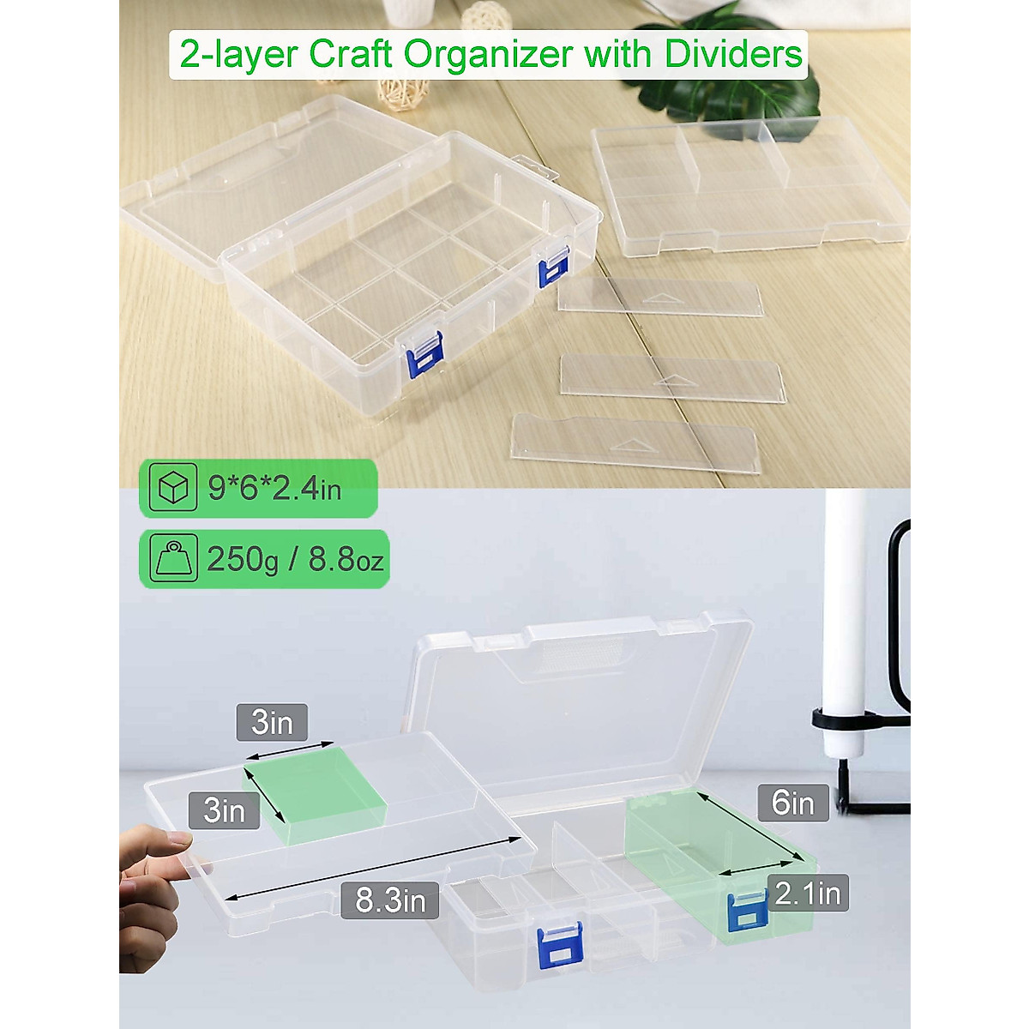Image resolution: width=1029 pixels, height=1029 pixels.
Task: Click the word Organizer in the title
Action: [x=487, y=54]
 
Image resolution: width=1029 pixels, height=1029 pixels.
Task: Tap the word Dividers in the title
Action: [x=733, y=54]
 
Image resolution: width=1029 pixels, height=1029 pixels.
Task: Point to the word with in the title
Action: [x=620, y=54]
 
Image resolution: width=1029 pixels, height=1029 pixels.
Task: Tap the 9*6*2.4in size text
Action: [x=274, y=488]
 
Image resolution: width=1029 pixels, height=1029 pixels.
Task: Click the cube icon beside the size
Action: [x=172, y=488]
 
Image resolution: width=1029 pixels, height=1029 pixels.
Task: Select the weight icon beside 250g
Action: [x=172, y=559]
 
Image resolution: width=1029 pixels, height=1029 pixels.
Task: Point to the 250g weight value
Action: [x=243, y=559]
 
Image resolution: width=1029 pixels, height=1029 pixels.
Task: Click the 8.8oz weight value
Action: [x=346, y=559]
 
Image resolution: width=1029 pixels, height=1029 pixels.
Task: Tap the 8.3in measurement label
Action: [x=390, y=900]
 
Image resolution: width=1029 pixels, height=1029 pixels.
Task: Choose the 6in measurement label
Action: [x=792, y=803]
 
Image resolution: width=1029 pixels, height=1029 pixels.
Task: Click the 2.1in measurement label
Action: [x=807, y=894]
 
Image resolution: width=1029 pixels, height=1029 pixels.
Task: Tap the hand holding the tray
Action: [x=154, y=892]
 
